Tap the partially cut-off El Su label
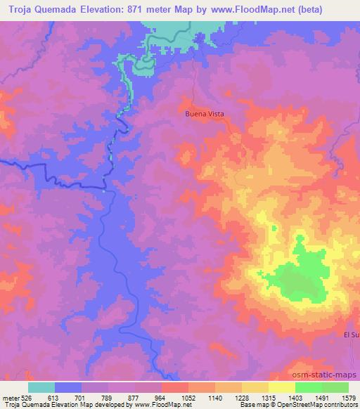(352, 335)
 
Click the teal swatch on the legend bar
(41, 387)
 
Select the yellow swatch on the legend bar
(282, 387)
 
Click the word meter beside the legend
(8, 398)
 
